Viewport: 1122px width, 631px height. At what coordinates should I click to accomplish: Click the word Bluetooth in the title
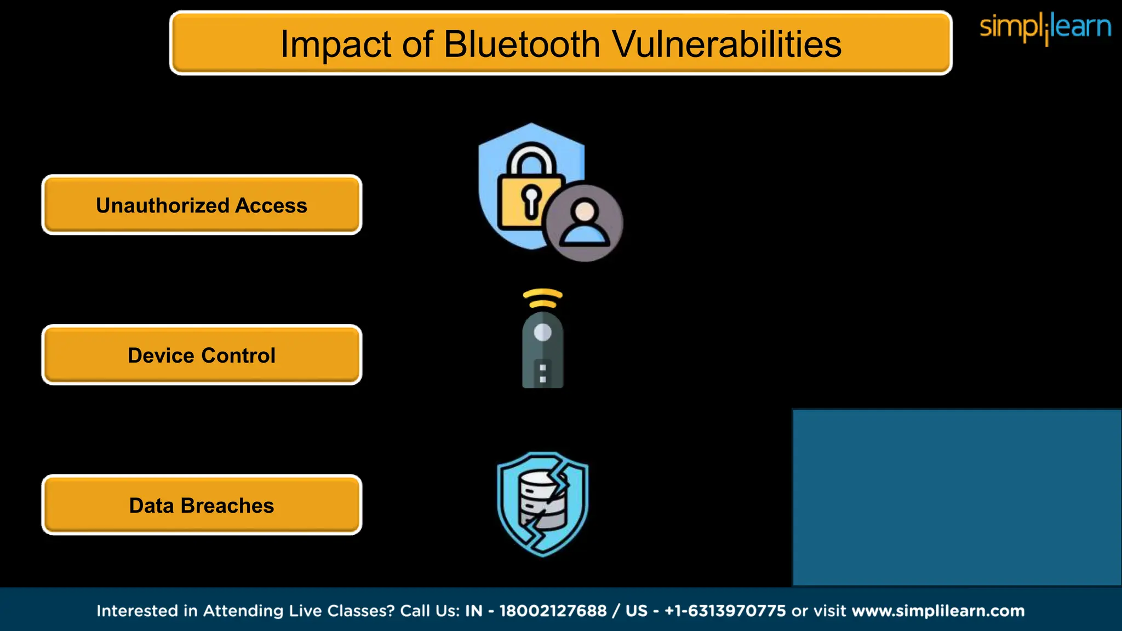click(x=522, y=44)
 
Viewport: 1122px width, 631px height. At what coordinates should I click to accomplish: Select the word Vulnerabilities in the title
click(x=726, y=44)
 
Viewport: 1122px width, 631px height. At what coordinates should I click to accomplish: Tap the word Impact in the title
click(x=335, y=44)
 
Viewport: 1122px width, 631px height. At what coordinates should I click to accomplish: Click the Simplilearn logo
click(x=1045, y=27)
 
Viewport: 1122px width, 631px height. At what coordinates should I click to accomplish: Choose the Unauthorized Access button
click(x=202, y=205)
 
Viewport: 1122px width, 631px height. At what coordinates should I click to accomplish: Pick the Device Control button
click(x=202, y=355)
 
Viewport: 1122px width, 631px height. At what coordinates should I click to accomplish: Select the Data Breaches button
click(x=202, y=506)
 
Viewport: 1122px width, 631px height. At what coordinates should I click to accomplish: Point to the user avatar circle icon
click(x=585, y=222)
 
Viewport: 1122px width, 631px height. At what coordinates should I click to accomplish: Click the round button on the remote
click(x=542, y=332)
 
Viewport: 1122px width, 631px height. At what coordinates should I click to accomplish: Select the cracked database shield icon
click(x=542, y=504)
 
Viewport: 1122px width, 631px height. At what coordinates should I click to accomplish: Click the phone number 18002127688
click(x=553, y=611)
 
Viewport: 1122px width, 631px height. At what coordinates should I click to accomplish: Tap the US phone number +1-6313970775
click(x=725, y=611)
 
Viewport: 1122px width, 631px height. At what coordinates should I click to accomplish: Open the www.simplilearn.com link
click(x=938, y=611)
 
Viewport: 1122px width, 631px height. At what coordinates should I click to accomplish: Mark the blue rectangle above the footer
click(x=957, y=497)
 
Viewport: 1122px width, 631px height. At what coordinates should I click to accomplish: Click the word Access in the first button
click(x=271, y=205)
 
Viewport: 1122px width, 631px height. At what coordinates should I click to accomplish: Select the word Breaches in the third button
click(x=227, y=506)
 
